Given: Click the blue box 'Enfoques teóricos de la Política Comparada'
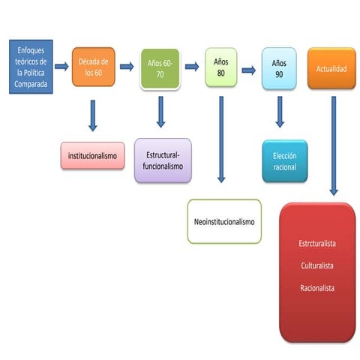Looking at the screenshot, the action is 31,67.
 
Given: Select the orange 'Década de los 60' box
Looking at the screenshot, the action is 94,67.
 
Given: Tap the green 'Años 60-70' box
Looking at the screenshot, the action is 160,68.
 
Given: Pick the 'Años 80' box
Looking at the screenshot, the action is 221,67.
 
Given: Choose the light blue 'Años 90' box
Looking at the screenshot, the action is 279,68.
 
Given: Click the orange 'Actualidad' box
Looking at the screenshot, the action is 331,68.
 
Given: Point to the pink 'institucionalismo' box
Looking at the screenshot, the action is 92,156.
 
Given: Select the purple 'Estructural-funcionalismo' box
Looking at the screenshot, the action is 163,160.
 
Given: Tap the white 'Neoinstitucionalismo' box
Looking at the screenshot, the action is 224,221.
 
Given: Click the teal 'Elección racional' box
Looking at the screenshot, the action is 285,161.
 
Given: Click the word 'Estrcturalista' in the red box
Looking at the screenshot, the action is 317,243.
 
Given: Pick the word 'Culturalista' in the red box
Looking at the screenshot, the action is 317,265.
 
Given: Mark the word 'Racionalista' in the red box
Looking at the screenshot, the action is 317,288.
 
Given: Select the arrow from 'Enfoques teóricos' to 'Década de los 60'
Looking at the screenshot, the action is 61,67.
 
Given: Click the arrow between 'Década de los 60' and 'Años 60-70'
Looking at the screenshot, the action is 127,67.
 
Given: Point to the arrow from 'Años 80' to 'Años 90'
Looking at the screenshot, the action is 249,70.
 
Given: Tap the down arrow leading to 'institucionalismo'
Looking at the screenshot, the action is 93,115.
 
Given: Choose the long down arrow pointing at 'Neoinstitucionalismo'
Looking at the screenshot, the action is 221,139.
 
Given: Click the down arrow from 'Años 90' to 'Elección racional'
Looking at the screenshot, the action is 280,112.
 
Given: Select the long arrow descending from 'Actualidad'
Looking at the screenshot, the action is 334,146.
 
